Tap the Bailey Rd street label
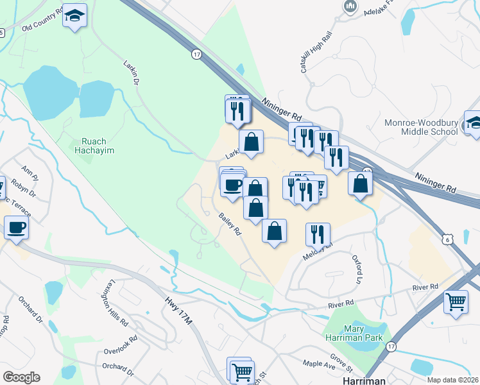pyautogui.click(x=229, y=224)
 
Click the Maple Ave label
pyautogui.click(x=319, y=364)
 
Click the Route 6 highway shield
pyautogui.click(x=447, y=239)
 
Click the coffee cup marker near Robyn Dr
pyautogui.click(x=16, y=227)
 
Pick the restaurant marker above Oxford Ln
pyautogui.click(x=318, y=234)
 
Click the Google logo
pyautogui.click(x=21, y=377)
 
